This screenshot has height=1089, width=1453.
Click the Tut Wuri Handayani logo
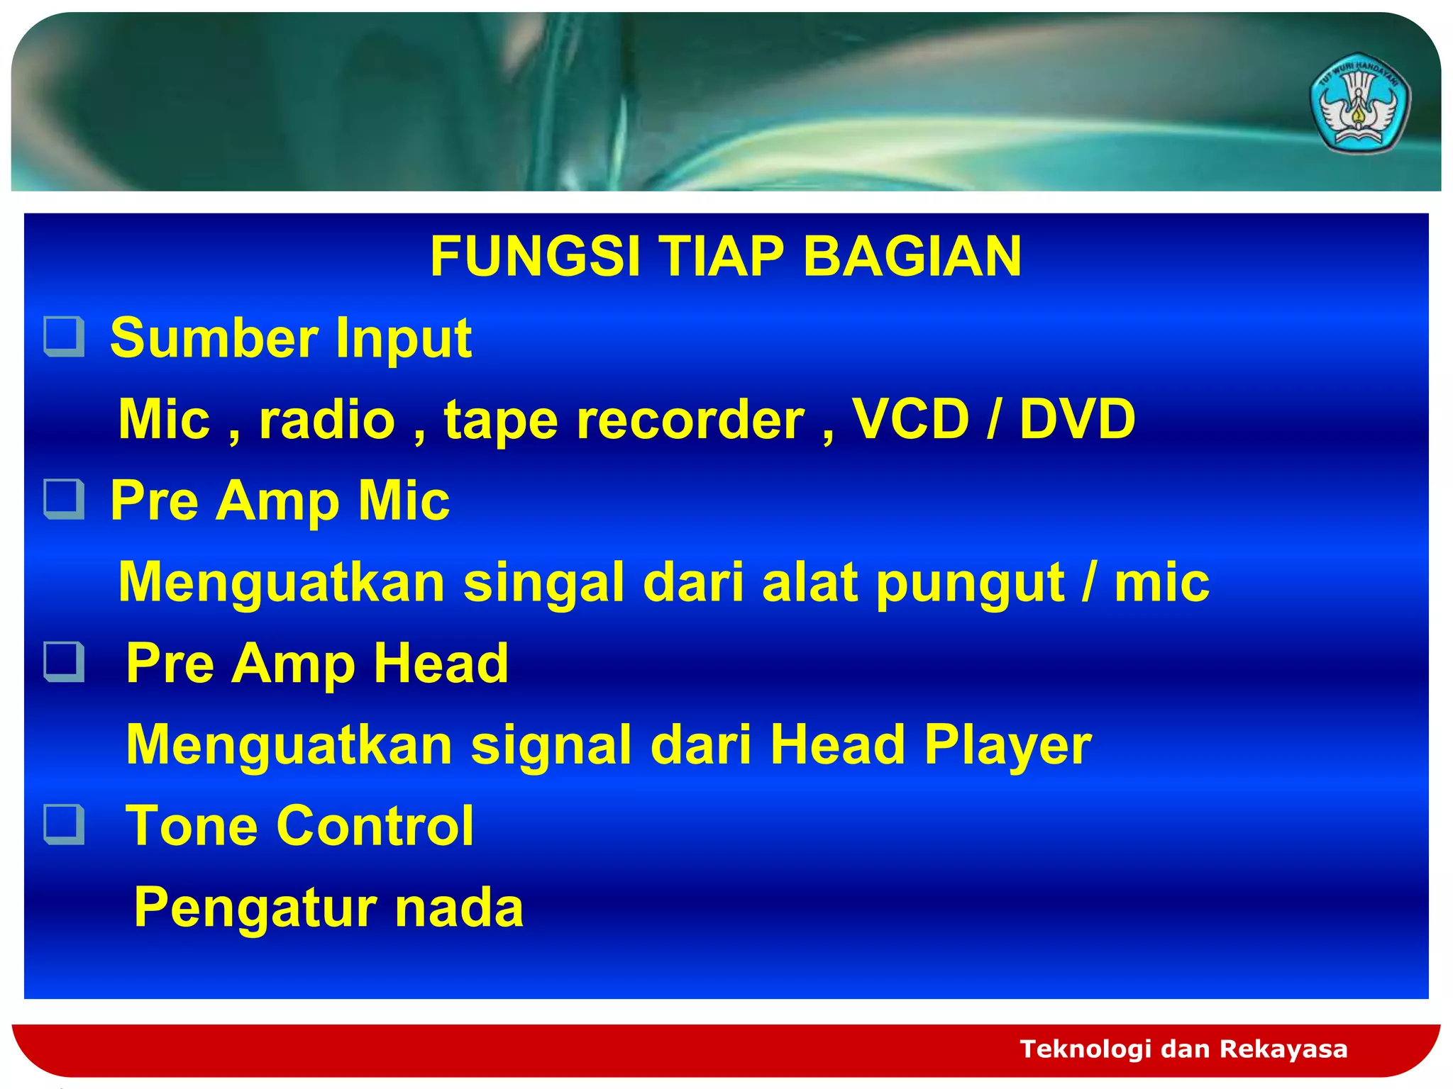pos(1359,104)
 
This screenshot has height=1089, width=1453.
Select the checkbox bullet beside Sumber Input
pos(65,337)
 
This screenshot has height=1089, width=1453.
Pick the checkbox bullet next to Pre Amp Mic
pos(65,499)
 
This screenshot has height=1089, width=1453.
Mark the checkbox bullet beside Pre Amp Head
pos(65,661)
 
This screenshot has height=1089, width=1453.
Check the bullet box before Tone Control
pos(65,824)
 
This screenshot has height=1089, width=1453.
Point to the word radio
pos(326,420)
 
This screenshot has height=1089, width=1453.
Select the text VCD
pos(910,418)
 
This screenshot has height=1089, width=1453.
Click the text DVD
pos(1077,418)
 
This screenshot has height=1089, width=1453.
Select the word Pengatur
pos(255,908)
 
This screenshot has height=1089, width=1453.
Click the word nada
pos(459,907)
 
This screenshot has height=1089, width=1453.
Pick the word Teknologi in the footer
pos(1085,1049)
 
